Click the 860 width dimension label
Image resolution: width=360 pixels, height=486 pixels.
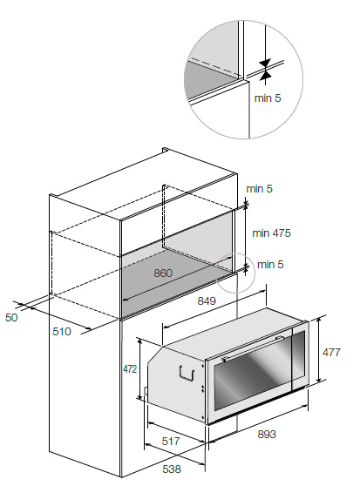click(x=163, y=273)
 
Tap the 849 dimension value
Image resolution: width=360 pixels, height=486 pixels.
click(x=207, y=300)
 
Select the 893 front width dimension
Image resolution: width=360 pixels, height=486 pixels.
click(x=267, y=435)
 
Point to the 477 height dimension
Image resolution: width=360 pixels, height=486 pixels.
click(x=331, y=352)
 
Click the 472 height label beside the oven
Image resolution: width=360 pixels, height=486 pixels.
click(x=130, y=369)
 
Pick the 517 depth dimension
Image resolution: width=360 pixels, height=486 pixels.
click(x=171, y=441)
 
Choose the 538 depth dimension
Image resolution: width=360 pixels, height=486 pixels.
click(x=172, y=469)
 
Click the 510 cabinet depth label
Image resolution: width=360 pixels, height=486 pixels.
click(x=62, y=331)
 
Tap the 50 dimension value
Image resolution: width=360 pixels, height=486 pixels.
click(x=11, y=317)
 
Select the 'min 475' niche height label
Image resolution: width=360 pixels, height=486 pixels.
click(x=272, y=233)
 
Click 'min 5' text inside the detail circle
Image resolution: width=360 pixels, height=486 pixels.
click(x=268, y=98)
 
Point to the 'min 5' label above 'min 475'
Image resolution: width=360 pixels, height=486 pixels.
click(x=259, y=188)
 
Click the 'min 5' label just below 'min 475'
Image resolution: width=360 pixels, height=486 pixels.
click(x=270, y=265)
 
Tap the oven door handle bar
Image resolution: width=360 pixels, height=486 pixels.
click(x=253, y=348)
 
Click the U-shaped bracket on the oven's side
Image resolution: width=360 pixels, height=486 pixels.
click(x=187, y=373)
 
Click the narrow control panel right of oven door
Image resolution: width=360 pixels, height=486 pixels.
click(x=299, y=354)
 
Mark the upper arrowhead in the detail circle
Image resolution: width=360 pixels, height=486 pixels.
click(x=266, y=63)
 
